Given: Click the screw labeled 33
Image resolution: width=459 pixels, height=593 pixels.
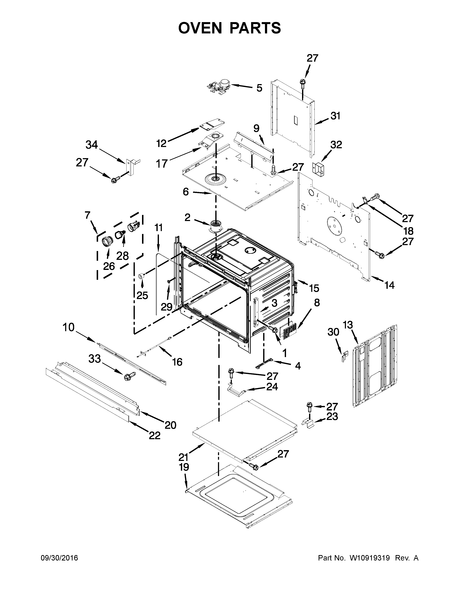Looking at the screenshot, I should [x=128, y=377].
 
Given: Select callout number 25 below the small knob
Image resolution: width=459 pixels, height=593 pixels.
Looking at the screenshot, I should [x=142, y=295].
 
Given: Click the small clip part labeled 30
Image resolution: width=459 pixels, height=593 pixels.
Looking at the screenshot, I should [x=345, y=356].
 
